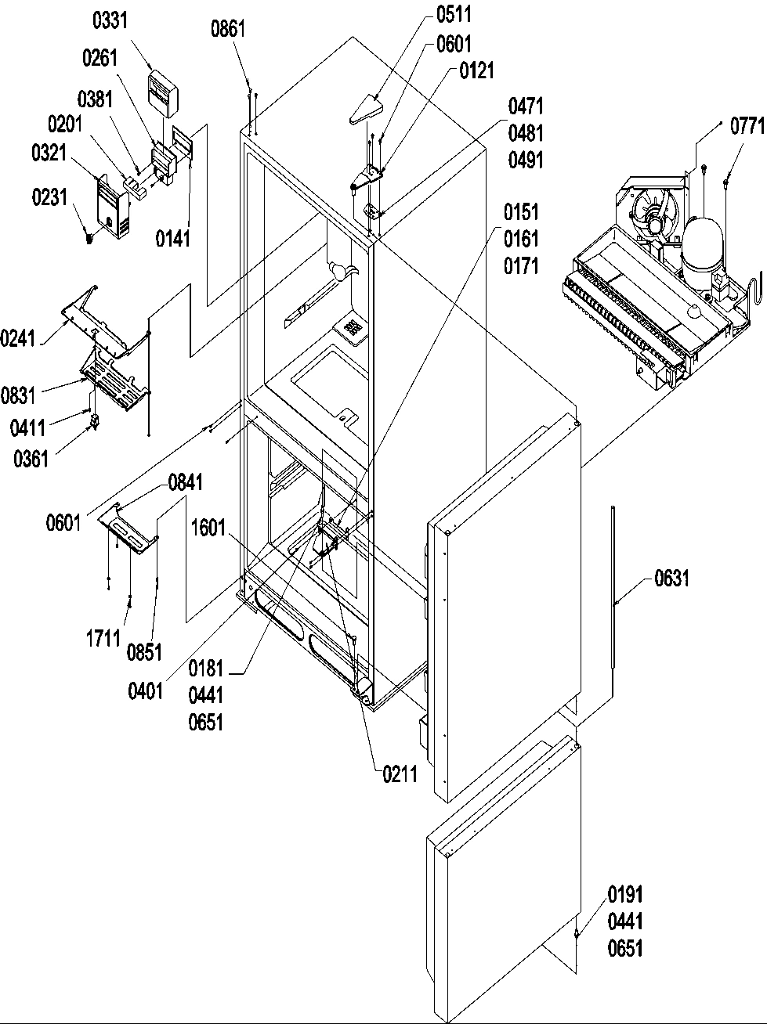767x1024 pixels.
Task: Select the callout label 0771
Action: point(747,127)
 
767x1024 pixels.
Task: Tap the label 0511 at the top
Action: point(454,15)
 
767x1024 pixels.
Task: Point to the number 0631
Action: point(672,579)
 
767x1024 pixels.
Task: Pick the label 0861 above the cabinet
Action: point(228,31)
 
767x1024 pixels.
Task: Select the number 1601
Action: point(208,529)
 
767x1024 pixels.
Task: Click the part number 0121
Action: point(476,71)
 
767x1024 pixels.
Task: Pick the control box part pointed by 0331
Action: point(165,92)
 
